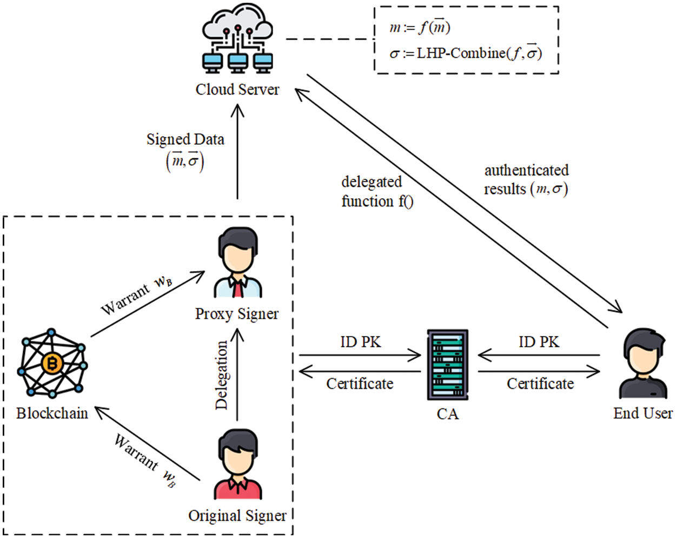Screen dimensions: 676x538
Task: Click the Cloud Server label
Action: (x=237, y=90)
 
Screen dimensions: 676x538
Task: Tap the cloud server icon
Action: (x=237, y=38)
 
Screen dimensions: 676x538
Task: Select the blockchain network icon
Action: (x=52, y=364)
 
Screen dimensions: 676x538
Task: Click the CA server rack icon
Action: (x=448, y=365)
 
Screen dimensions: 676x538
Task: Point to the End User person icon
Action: (x=643, y=364)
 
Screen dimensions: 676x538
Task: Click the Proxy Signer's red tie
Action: (x=238, y=288)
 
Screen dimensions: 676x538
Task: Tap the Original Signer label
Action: (x=237, y=516)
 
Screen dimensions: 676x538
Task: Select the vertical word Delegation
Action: (x=222, y=375)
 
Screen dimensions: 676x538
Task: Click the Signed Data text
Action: (x=185, y=139)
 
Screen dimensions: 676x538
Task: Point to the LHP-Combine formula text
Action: (x=466, y=53)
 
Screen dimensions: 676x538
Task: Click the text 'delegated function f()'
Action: (x=377, y=191)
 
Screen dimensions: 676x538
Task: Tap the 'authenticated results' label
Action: (x=527, y=180)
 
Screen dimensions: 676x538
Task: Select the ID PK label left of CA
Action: (x=361, y=342)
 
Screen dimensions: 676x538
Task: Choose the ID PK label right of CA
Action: (x=539, y=342)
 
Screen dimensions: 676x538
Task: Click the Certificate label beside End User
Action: (x=540, y=384)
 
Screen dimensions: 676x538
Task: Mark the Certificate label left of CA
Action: (x=360, y=384)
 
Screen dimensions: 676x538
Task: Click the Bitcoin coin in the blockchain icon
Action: (x=52, y=364)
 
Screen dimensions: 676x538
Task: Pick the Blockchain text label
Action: (x=52, y=413)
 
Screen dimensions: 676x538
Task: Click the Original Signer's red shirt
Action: (x=238, y=488)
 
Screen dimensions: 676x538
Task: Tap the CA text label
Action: (x=448, y=414)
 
